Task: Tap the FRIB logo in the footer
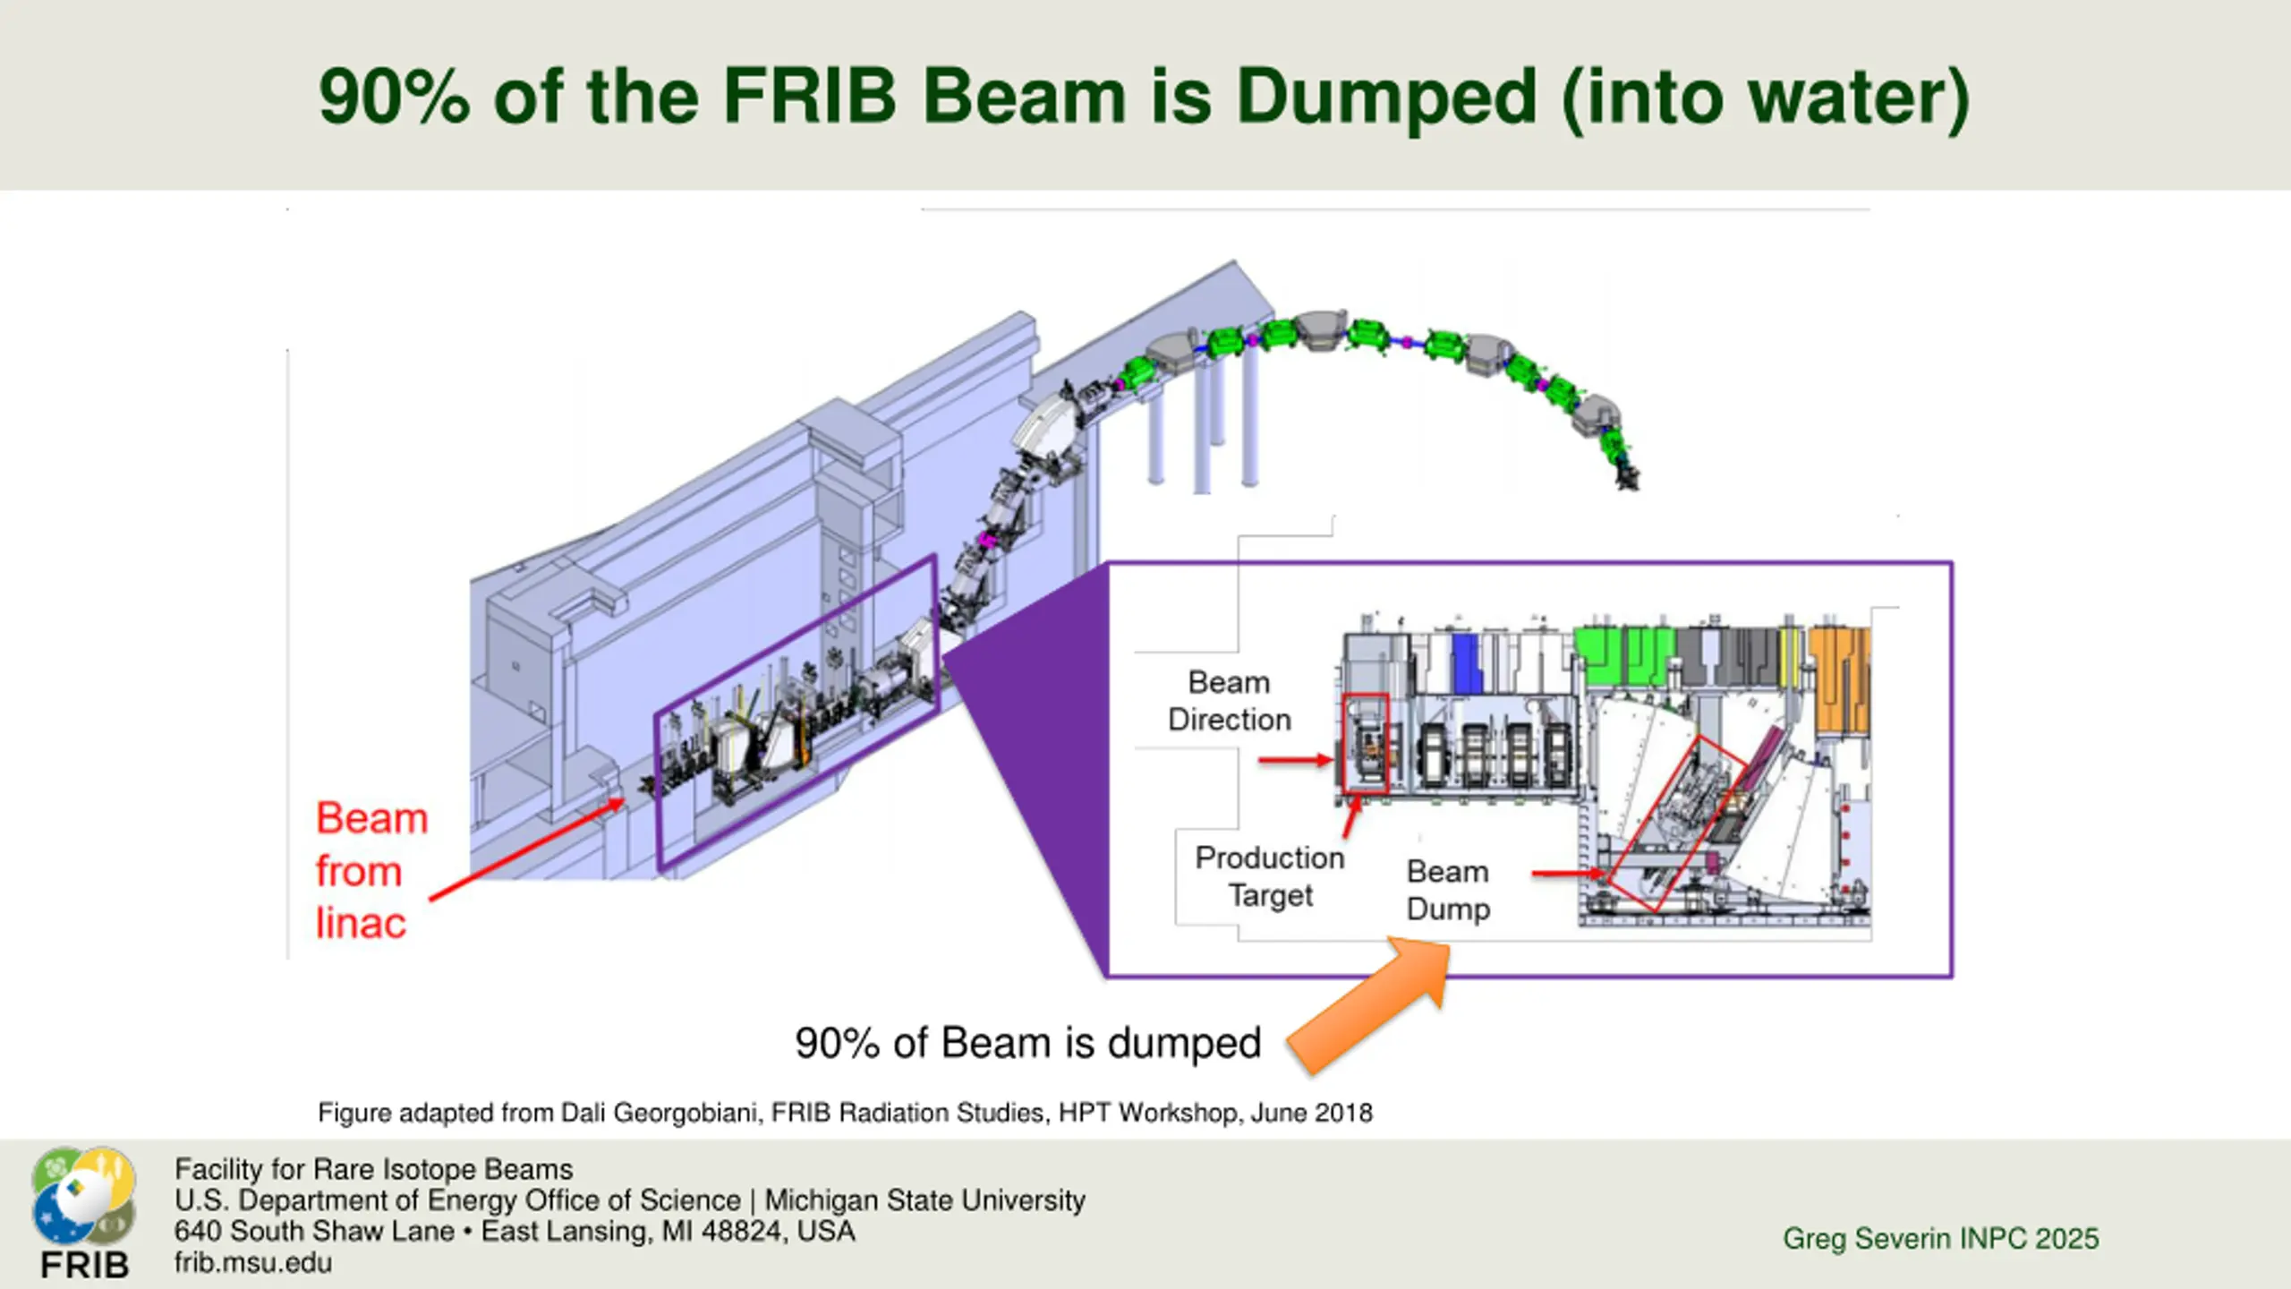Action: (x=84, y=1213)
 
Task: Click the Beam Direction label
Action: (x=1229, y=701)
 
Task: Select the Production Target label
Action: (x=1270, y=876)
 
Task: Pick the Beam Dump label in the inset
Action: (x=1448, y=890)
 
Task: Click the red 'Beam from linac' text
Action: (x=370, y=870)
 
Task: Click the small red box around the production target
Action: (x=1366, y=743)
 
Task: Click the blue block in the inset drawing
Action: (x=1465, y=662)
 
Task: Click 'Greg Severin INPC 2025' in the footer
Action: (x=1940, y=1238)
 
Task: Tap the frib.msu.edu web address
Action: (x=253, y=1263)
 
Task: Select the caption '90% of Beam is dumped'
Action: (x=1027, y=1044)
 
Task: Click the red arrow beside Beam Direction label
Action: (x=1295, y=761)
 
